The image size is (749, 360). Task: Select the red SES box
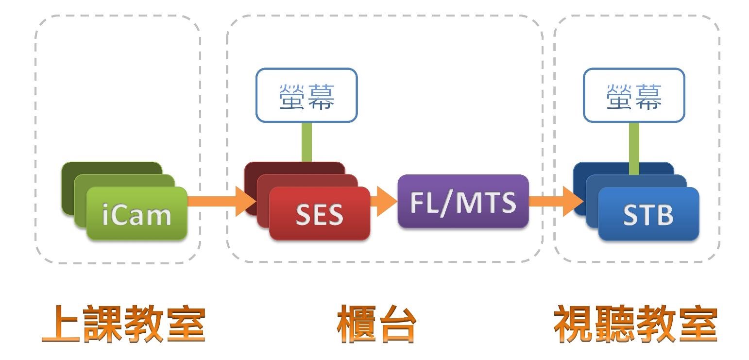click(319, 214)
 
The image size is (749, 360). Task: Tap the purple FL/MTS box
click(463, 202)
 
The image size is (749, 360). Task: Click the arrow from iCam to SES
click(219, 201)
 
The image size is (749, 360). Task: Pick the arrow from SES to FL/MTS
click(384, 201)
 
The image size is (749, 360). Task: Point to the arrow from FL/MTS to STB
click(554, 201)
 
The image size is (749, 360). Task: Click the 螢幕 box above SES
click(306, 95)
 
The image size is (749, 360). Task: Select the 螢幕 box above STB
click(634, 95)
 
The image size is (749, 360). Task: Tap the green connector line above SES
click(306, 141)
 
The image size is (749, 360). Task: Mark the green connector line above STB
click(634, 148)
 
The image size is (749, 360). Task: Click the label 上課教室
click(123, 324)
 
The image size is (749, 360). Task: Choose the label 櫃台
click(376, 324)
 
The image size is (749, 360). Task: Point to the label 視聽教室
click(635, 324)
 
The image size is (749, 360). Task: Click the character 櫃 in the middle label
click(357, 324)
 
